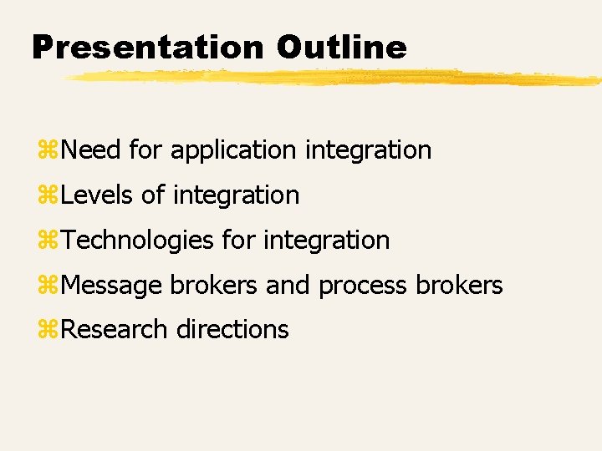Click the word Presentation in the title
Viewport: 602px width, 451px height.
pyautogui.click(x=148, y=47)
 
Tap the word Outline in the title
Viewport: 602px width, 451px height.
pyautogui.click(x=341, y=47)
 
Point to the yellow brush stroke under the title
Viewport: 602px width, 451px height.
pyautogui.click(x=334, y=78)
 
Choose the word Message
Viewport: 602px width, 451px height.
pyautogui.click(x=113, y=286)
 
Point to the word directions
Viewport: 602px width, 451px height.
pyautogui.click(x=232, y=330)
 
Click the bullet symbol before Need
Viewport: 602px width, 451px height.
pyautogui.click(x=48, y=151)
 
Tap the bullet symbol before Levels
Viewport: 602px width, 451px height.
pyautogui.click(x=48, y=196)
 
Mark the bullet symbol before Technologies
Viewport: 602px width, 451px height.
pyautogui.click(x=48, y=241)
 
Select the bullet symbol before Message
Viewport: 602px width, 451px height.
pyautogui.click(x=48, y=286)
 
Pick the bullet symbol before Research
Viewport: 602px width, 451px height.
pyautogui.click(x=48, y=331)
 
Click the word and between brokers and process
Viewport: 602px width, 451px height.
pyautogui.click(x=288, y=286)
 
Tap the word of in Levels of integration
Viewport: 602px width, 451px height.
pyautogui.click(x=153, y=195)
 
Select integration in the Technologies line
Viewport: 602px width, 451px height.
pyautogui.click(x=326, y=241)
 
